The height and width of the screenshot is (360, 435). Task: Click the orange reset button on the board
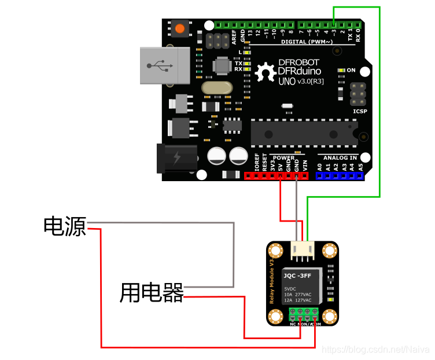click(180, 28)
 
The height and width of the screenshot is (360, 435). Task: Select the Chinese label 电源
click(65, 226)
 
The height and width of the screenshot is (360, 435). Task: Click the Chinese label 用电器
click(152, 292)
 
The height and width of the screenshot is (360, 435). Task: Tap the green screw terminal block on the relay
click(304, 314)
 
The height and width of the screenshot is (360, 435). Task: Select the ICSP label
click(360, 110)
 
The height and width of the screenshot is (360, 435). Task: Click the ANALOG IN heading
click(340, 157)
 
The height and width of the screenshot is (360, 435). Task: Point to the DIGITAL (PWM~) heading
click(307, 42)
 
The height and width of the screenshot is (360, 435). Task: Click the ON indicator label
click(351, 70)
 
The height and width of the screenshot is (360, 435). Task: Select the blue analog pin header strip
click(340, 175)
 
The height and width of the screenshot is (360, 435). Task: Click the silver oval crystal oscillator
click(216, 87)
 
